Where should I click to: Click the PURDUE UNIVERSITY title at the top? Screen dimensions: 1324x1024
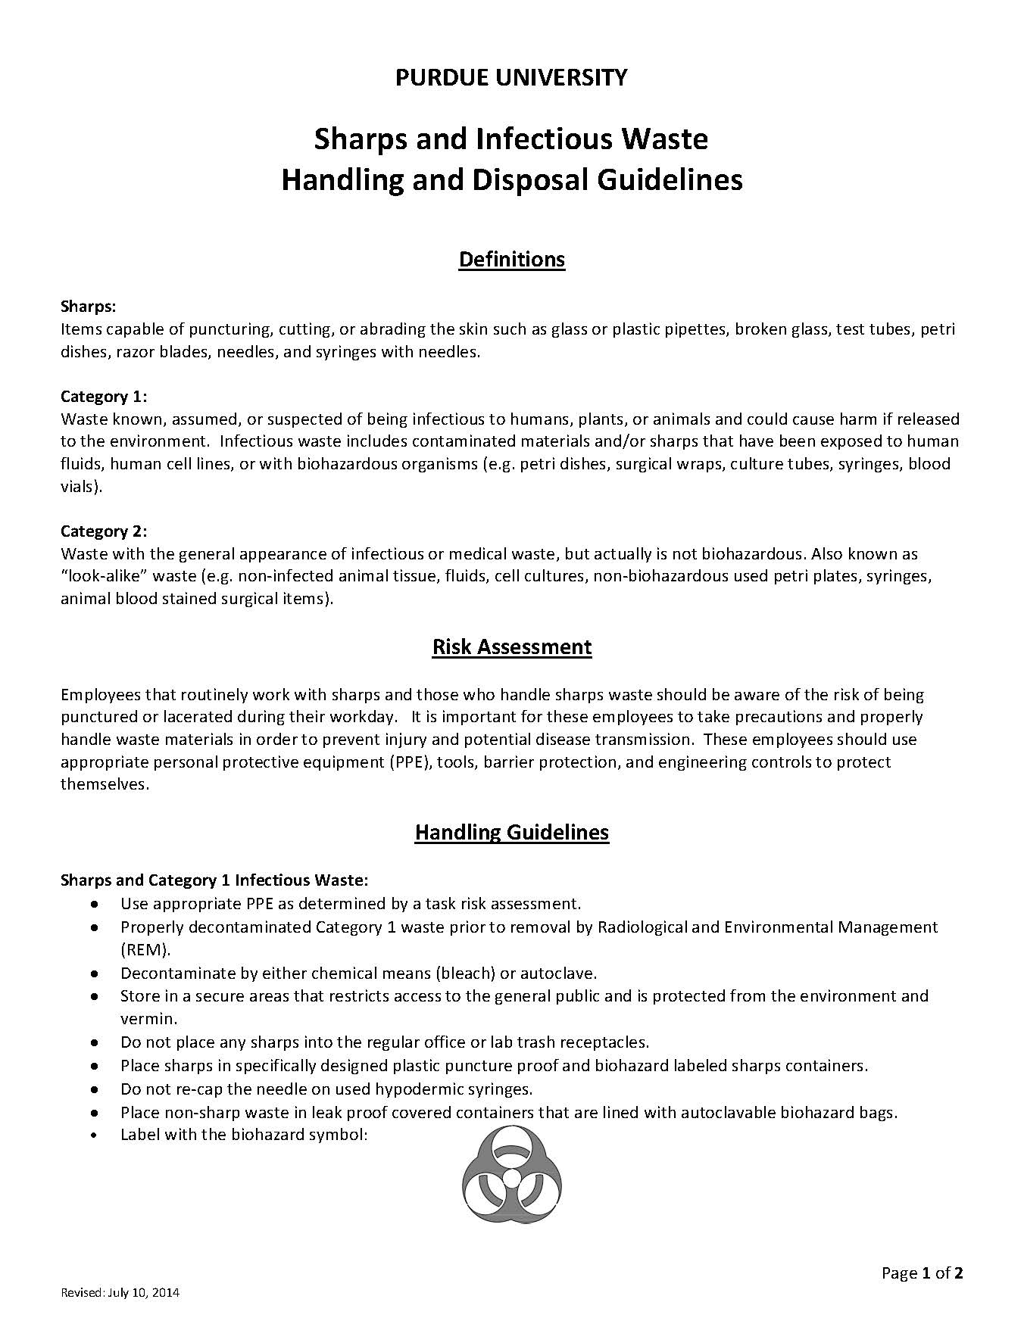[x=511, y=77]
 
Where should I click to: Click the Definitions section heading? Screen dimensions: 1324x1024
[x=511, y=260]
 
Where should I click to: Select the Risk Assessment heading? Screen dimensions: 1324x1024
[x=511, y=647]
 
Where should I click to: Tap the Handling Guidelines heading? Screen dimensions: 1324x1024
[x=511, y=833]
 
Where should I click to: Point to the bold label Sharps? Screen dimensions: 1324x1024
[x=88, y=307]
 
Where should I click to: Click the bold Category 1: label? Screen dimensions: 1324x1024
[x=104, y=397]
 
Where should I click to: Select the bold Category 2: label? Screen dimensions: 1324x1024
[x=104, y=531]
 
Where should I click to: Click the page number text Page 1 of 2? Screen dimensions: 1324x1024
[x=922, y=1273]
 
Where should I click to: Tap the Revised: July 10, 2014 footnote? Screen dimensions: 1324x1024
[x=120, y=1293]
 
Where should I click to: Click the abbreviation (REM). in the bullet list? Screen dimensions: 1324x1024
[x=145, y=949]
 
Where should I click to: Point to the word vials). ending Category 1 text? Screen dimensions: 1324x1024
[x=81, y=487]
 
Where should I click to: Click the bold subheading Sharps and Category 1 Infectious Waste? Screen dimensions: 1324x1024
[x=214, y=880]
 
